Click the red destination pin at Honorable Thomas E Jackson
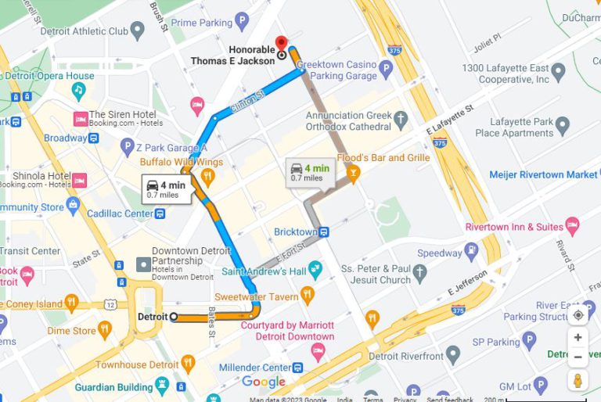coord(281,44)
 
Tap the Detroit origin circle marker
coord(174,317)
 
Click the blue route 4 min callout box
coord(166,189)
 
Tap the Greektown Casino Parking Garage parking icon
coord(385,70)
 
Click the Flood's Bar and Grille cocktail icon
coord(353,172)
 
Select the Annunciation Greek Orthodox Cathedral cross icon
coord(401,120)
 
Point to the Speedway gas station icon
coord(471,253)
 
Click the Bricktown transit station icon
coord(324,232)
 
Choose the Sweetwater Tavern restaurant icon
coord(308,296)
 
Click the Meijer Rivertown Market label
coord(542,174)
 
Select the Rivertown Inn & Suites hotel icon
coord(572,227)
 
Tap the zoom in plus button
coord(578,338)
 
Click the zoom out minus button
coord(578,357)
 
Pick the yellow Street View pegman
coord(578,381)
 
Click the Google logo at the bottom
coord(263,382)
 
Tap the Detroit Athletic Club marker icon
coord(138,31)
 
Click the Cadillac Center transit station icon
coord(160,214)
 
